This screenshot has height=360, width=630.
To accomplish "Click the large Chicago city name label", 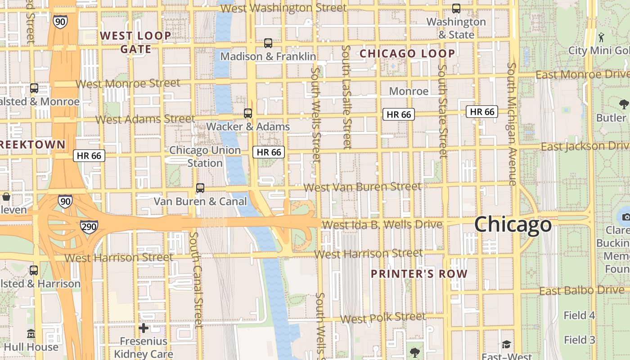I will tap(513, 224).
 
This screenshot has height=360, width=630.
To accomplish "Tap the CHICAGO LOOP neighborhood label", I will tap(407, 54).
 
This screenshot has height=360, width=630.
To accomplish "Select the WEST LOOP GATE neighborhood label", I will tap(135, 42).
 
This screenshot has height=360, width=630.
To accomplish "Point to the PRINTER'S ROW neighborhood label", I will tap(419, 274).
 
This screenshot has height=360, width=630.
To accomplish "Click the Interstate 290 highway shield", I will tap(89, 226).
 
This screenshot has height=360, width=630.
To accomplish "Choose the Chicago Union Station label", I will tap(205, 156).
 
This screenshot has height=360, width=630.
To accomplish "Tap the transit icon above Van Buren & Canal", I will tap(200, 188).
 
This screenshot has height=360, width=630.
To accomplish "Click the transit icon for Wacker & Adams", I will tap(248, 113).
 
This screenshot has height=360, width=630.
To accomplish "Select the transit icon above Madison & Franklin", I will tap(268, 43).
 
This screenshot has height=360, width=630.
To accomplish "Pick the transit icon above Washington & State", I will tap(456, 9).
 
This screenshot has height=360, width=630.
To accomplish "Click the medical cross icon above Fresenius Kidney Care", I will tap(144, 328).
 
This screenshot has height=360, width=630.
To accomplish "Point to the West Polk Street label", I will tap(382, 317).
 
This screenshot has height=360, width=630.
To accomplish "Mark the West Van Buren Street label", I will tap(363, 186).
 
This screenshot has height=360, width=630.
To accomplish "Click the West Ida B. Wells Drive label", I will tap(382, 224).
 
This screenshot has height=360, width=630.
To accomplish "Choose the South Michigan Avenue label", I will tap(512, 124).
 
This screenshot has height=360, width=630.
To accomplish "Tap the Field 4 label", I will tap(580, 315).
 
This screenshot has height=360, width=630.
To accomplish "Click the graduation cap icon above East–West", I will tap(506, 344).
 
